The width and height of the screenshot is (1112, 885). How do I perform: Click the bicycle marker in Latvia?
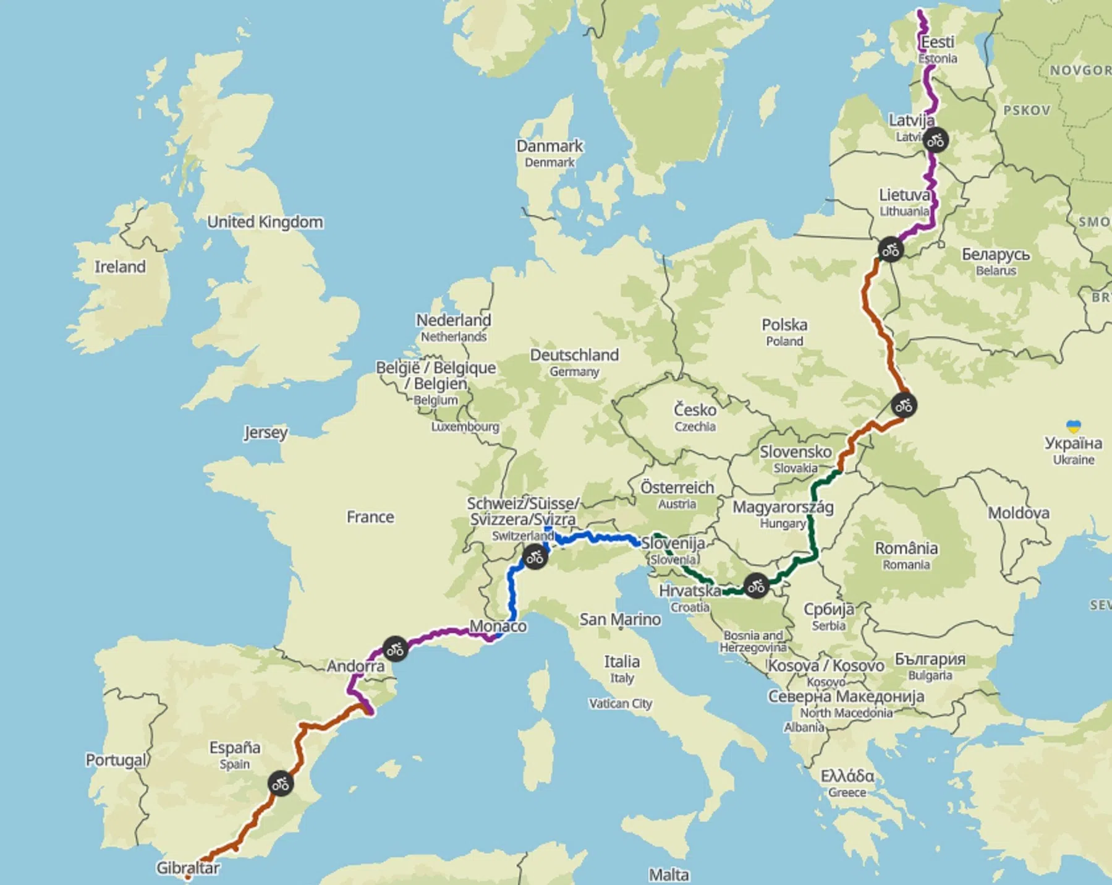coord(935,140)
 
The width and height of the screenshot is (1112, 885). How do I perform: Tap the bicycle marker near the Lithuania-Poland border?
coord(890,250)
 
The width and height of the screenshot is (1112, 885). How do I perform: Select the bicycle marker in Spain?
coord(281,784)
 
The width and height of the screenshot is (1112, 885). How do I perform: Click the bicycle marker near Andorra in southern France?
coord(395,649)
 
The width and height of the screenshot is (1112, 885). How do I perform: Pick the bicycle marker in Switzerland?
coord(535,557)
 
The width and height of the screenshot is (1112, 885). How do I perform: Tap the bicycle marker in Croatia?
coord(756,586)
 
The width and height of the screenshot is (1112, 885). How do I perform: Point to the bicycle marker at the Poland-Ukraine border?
coord(904,406)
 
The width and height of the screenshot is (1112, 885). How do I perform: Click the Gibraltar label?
coord(187,868)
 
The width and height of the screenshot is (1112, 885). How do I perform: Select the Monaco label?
coord(498,626)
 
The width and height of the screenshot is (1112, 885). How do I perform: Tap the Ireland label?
coord(120,267)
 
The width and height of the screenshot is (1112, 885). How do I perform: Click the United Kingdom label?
coord(265,221)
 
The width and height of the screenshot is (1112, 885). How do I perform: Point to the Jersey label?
coord(266,432)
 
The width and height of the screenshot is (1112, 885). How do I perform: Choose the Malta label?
coord(669,874)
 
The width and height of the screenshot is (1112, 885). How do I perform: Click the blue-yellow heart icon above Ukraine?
coord(1073,426)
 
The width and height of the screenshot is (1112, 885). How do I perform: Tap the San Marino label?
coord(620,619)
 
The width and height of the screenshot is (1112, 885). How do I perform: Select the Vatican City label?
coord(620,703)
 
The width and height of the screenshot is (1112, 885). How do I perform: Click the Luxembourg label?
coord(465,427)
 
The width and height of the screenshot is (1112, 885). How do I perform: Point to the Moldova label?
coord(1018,513)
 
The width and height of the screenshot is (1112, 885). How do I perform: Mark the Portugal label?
coord(116,759)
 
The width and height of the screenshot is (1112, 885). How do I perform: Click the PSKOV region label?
coord(1027,111)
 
